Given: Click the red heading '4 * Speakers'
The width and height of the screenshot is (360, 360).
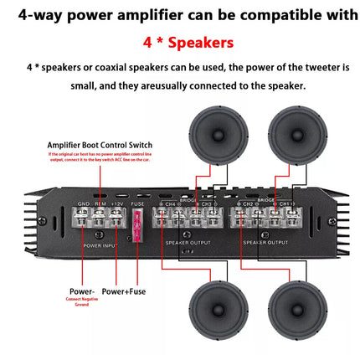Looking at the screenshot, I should tap(180, 41).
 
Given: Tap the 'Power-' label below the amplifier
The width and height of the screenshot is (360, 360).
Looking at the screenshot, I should tap(82, 292).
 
